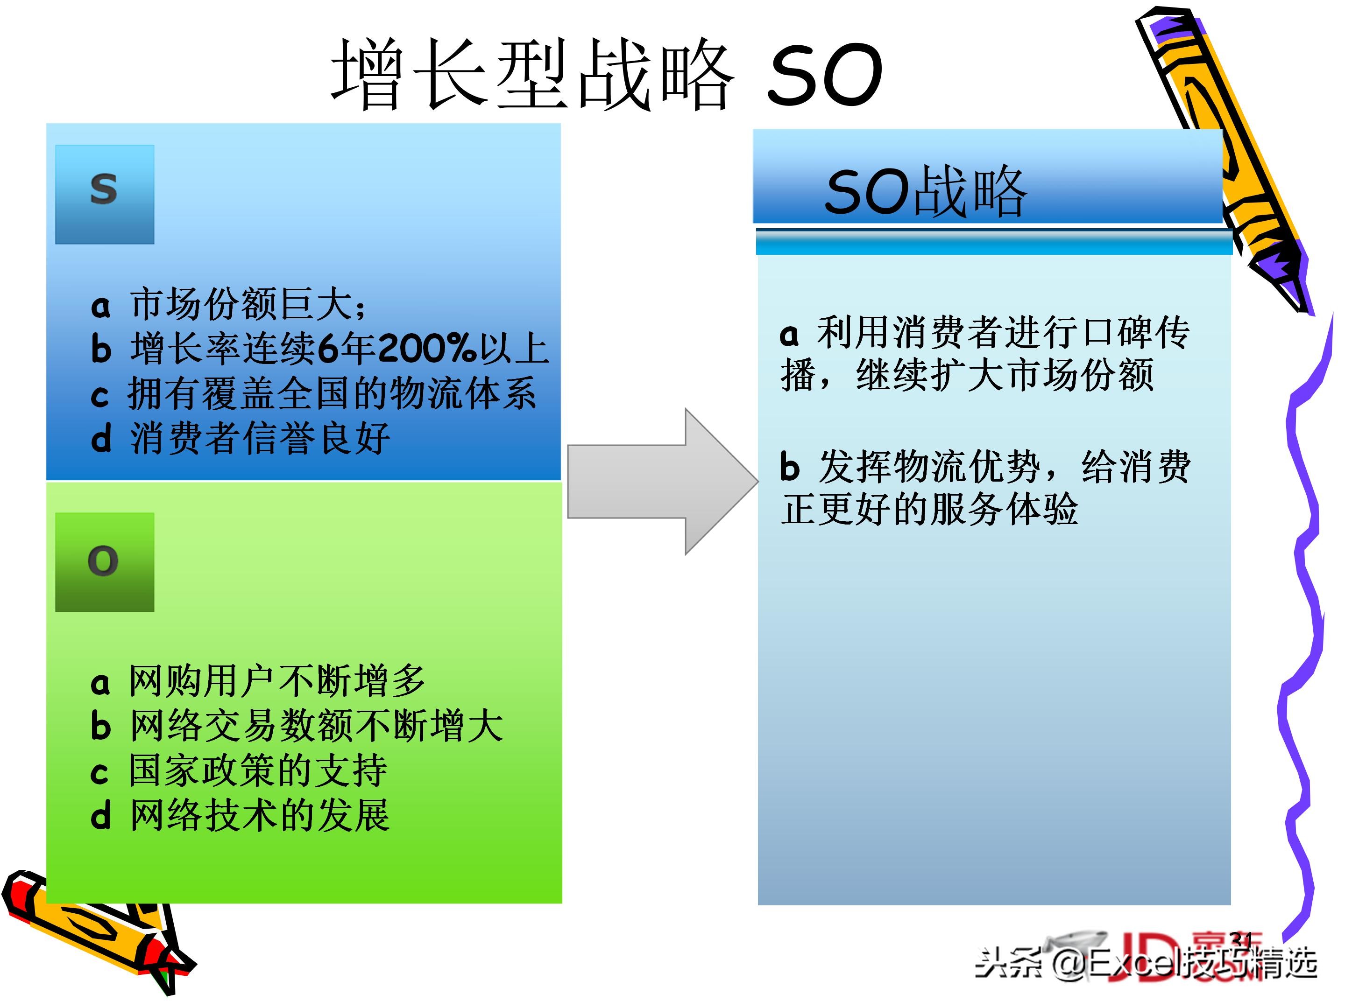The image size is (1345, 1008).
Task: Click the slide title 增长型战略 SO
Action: pos(605,74)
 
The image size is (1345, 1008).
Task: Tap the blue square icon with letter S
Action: pos(105,195)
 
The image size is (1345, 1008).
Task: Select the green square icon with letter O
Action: pos(105,561)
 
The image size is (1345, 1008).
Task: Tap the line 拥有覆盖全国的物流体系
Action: pos(332,393)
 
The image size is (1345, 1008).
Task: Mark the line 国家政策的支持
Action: pos(258,770)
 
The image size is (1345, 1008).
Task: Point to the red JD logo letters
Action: pos(1149,957)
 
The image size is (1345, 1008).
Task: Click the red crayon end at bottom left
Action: pos(21,893)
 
